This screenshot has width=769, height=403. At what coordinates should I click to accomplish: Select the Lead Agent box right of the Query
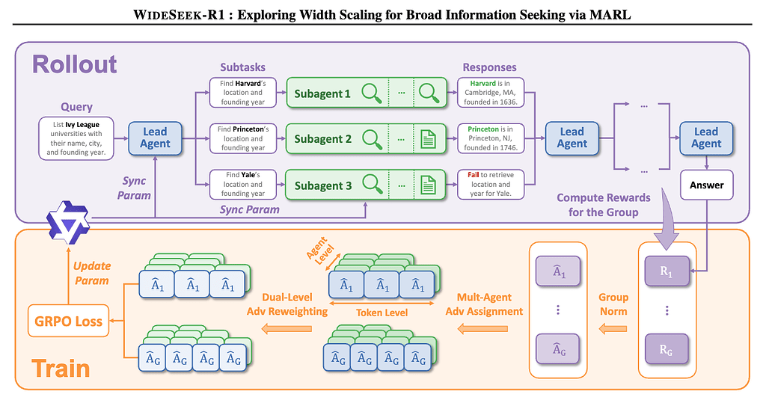(x=155, y=138)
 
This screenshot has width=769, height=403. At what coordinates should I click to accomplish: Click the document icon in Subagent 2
(x=428, y=138)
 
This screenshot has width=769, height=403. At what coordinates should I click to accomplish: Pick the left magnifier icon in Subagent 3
(x=372, y=185)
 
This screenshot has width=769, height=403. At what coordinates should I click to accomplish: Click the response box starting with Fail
(x=491, y=184)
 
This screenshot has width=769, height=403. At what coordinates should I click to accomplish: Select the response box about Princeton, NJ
(x=491, y=138)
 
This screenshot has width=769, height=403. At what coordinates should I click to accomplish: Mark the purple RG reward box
(x=666, y=348)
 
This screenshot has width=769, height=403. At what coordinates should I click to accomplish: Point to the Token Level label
(x=382, y=312)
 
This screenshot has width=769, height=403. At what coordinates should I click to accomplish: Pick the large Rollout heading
(x=74, y=64)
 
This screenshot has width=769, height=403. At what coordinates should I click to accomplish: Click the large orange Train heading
(x=61, y=368)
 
